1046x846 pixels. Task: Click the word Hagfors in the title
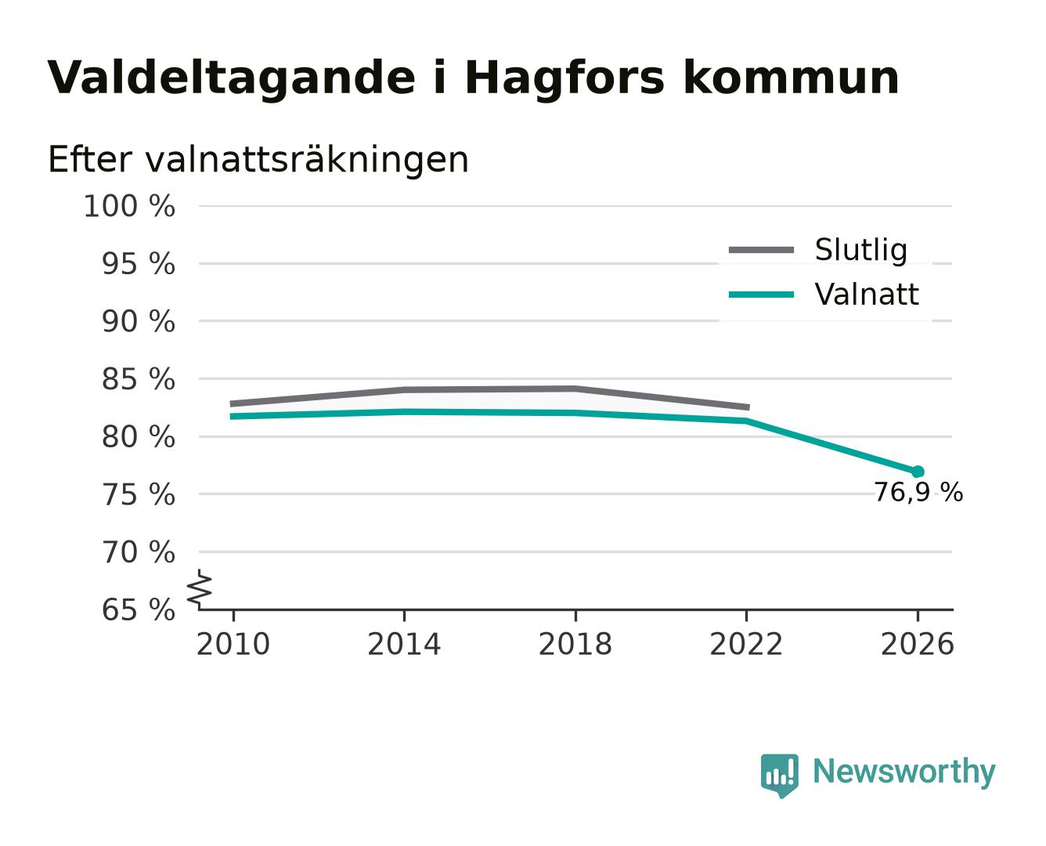point(564,78)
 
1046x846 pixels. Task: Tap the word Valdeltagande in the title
point(231,78)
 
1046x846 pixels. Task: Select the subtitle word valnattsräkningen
point(307,160)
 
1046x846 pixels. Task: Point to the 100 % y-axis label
point(129,206)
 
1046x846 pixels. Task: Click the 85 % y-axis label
point(138,379)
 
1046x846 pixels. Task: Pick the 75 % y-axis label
point(138,494)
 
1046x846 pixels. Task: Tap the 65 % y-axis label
point(138,609)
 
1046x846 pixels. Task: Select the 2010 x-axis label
point(233,644)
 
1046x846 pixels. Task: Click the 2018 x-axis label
point(575,644)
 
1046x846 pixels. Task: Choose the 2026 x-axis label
point(917,644)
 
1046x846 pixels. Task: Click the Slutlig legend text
point(860,251)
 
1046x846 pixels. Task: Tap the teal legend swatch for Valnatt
point(761,295)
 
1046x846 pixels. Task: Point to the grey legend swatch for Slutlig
point(761,250)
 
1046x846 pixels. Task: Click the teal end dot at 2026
point(918,472)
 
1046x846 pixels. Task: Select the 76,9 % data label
point(918,492)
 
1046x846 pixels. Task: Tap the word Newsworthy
point(904,772)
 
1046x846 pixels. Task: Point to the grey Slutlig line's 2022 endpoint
point(748,407)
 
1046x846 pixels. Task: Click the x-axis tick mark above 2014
point(404,616)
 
